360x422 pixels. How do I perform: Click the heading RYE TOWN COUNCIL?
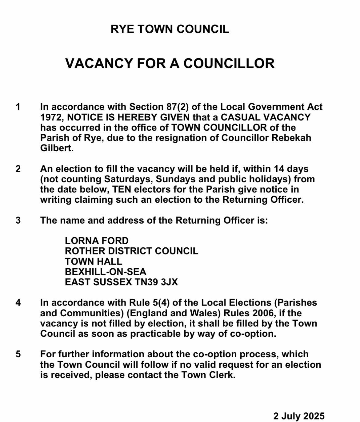click(170, 29)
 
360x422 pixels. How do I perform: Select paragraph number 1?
click(18, 107)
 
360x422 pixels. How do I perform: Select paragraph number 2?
click(18, 169)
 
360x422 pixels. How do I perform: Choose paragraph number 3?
click(18, 221)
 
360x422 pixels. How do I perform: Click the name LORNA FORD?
click(97, 241)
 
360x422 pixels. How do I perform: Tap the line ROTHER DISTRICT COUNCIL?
click(131, 251)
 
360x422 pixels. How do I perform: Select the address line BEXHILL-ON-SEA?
click(106, 272)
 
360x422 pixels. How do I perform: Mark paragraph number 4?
click(18, 303)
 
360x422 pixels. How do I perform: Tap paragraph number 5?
click(18, 354)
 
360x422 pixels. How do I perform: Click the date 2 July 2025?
click(299, 416)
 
